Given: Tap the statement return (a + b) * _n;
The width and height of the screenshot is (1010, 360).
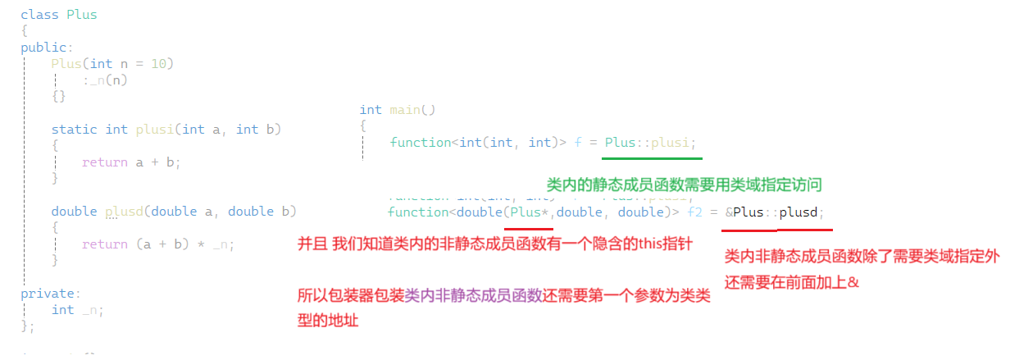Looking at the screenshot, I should tap(158, 244).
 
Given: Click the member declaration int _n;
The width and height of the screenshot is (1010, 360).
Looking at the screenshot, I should tap(78, 310).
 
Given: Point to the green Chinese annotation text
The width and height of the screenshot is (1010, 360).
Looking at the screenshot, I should tap(684, 185).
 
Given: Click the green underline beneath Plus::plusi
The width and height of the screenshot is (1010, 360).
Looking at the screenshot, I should tap(653, 159).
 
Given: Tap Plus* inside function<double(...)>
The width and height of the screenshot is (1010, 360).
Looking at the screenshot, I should tap(526, 212).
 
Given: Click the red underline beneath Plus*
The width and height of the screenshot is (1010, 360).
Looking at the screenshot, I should tap(528, 229).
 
